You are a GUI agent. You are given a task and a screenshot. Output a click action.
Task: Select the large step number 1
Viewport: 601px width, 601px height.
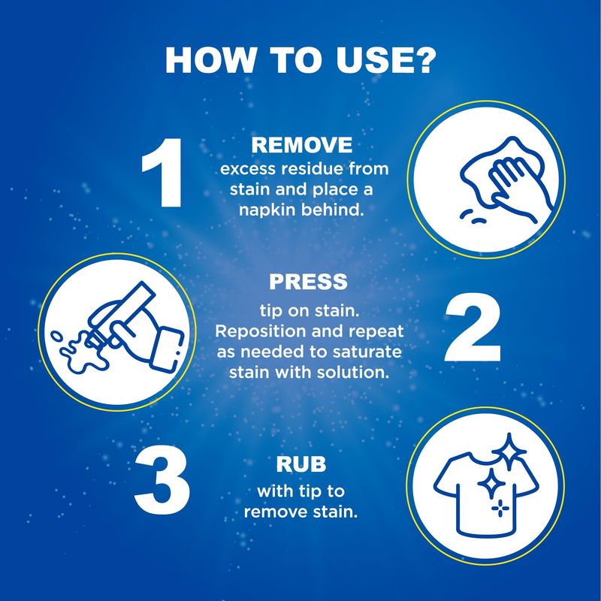coord(162,173)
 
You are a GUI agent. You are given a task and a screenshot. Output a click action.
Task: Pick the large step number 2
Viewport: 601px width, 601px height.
coord(473,328)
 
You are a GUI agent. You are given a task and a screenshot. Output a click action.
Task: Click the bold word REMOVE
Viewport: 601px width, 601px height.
coord(302,145)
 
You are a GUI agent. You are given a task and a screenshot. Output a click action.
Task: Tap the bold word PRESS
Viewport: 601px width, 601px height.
coord(308,282)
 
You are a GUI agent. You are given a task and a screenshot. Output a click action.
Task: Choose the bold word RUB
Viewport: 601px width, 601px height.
coord(301,464)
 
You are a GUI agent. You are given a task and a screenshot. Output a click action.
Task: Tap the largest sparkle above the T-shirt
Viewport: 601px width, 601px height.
coord(509,452)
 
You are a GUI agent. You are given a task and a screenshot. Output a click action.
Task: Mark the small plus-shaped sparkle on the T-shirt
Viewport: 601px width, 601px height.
coord(500,509)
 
